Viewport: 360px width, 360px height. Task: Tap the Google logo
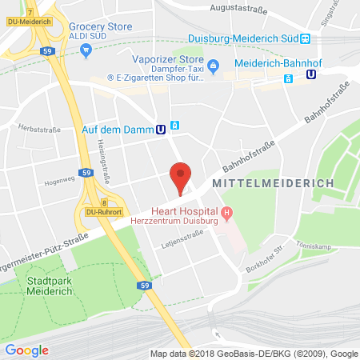coord(27,350)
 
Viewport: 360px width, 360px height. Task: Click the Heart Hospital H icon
coord(227,212)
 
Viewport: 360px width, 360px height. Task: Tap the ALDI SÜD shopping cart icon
coord(86,50)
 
